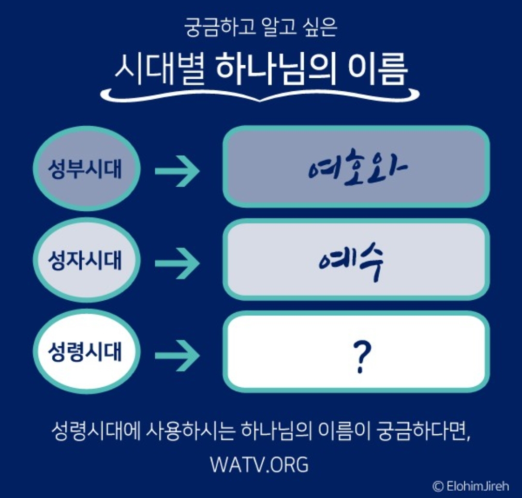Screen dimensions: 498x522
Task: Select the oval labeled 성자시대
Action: [86, 261]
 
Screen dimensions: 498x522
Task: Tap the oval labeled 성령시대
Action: [86, 352]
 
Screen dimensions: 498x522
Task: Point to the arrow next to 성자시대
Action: [177, 262]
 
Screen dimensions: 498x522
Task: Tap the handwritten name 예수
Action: [351, 261]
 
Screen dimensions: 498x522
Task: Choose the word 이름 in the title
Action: [379, 67]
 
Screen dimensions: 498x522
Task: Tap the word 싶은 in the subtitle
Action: [320, 27]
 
